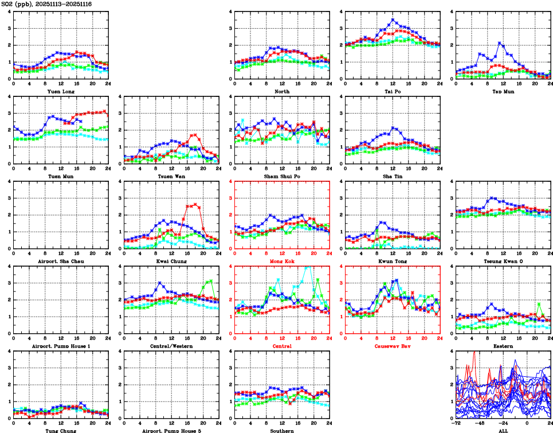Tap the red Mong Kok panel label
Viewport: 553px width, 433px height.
coord(282,262)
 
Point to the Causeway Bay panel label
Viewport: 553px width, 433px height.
coord(393,346)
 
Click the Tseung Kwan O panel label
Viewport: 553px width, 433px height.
coord(503,262)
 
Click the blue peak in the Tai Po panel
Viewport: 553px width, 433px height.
coord(393,20)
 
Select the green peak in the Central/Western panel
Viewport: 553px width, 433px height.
coord(211,281)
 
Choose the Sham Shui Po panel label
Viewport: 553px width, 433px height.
coord(282,177)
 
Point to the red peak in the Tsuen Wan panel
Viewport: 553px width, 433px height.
coord(195,135)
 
